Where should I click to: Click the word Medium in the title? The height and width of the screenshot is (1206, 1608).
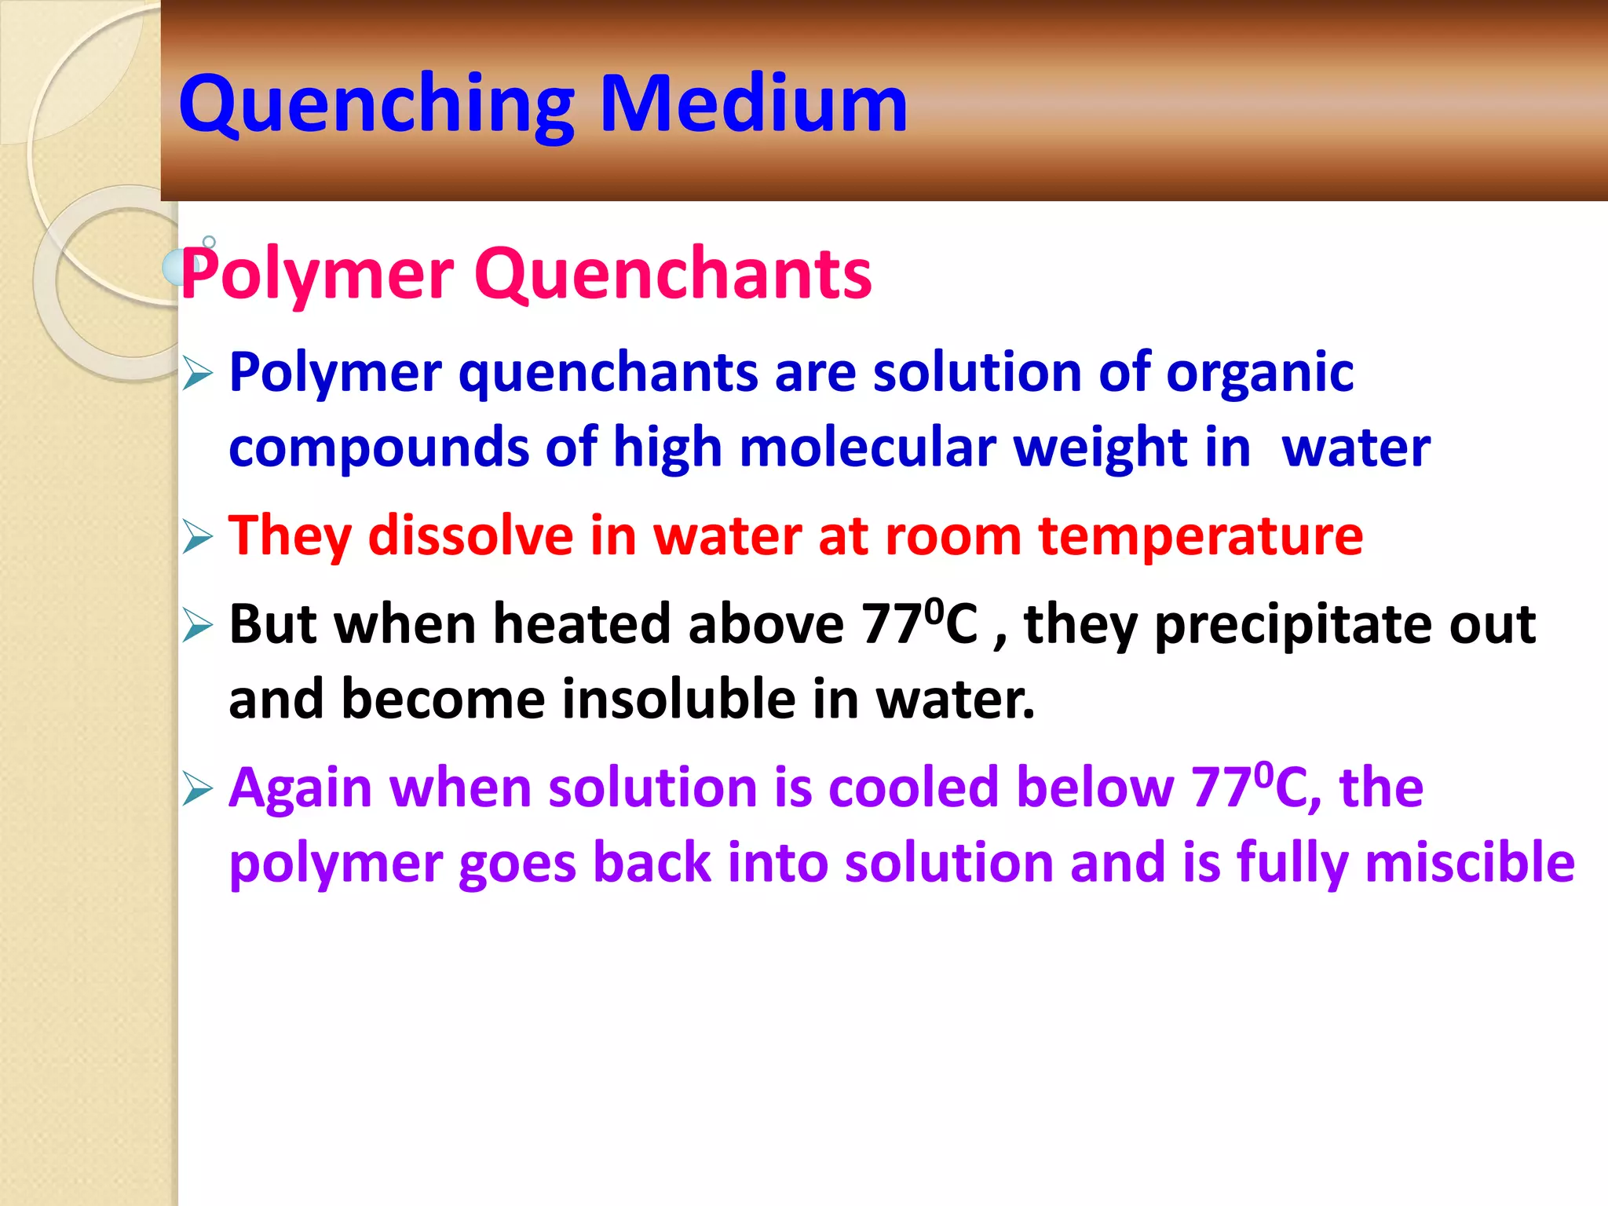pyautogui.click(x=753, y=104)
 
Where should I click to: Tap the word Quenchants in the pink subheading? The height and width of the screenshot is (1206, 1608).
pyautogui.click(x=673, y=274)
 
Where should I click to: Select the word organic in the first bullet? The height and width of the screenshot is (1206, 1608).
pyautogui.click(x=1259, y=372)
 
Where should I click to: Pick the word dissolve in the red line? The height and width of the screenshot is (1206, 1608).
pyautogui.click(x=470, y=536)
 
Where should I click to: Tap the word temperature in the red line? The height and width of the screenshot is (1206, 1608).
pyautogui.click(x=1201, y=536)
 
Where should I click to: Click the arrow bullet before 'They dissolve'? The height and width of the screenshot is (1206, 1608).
pyautogui.click(x=197, y=538)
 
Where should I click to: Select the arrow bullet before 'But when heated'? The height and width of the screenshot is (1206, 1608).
pyautogui.click(x=197, y=626)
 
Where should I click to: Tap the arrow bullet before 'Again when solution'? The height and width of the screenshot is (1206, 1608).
pyautogui.click(x=197, y=789)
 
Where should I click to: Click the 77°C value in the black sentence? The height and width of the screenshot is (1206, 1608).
pyautogui.click(x=919, y=623)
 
